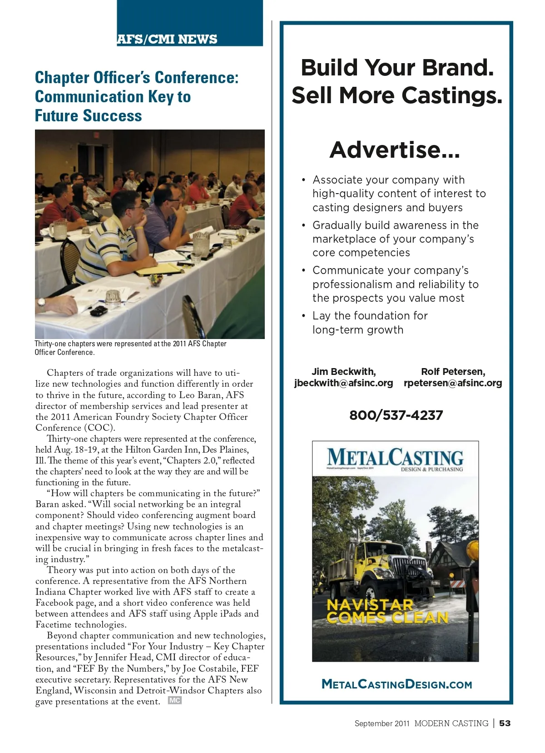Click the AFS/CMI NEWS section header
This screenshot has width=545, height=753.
pyautogui.click(x=167, y=40)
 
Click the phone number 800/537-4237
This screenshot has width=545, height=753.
pyautogui.click(x=396, y=415)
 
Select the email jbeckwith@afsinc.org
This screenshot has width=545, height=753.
pyautogui.click(x=343, y=383)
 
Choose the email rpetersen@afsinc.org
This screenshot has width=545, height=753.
pyautogui.click(x=453, y=383)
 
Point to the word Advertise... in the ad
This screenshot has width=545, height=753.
pyautogui.click(x=395, y=150)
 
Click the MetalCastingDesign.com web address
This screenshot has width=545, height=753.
pyautogui.click(x=396, y=684)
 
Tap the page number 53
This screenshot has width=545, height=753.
pyautogui.click(x=505, y=723)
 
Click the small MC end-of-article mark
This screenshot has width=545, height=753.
pyautogui.click(x=174, y=701)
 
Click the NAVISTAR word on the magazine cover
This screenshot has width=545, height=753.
pyautogui.click(x=370, y=605)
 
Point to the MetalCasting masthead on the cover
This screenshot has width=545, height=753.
pyautogui.click(x=395, y=458)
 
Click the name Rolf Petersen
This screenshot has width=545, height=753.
pyautogui.click(x=453, y=372)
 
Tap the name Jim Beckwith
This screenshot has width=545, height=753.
pyautogui.click(x=343, y=372)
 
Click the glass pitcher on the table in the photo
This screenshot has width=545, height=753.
pyautogui.click(x=58, y=229)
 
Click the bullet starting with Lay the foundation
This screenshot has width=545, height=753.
pyautogui.click(x=370, y=323)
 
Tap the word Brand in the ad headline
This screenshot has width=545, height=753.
pyautogui.click(x=455, y=68)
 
